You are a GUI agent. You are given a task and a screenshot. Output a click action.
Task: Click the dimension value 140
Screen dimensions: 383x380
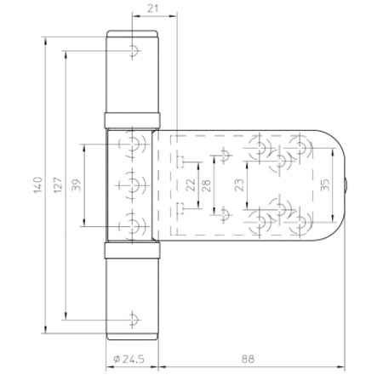tap(37, 185)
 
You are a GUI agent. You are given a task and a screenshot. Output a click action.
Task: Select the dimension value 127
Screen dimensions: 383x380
tap(58, 185)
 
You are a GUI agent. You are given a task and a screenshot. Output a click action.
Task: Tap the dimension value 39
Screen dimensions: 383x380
tap(77, 185)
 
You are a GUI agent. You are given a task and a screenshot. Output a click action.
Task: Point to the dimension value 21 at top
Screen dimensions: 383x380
tap(152, 9)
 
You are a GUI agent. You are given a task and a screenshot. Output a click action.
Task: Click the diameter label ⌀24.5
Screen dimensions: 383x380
tap(129, 360)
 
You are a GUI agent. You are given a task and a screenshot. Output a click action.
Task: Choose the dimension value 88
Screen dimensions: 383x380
tap(249, 360)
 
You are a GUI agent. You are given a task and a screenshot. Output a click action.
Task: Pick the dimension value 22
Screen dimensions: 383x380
tap(191, 185)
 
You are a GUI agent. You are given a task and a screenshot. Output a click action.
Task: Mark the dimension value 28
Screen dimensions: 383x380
tap(207, 185)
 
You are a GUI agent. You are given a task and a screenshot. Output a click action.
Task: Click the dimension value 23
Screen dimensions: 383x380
tap(239, 185)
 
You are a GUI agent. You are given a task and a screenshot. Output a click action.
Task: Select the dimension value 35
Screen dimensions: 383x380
tap(325, 185)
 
